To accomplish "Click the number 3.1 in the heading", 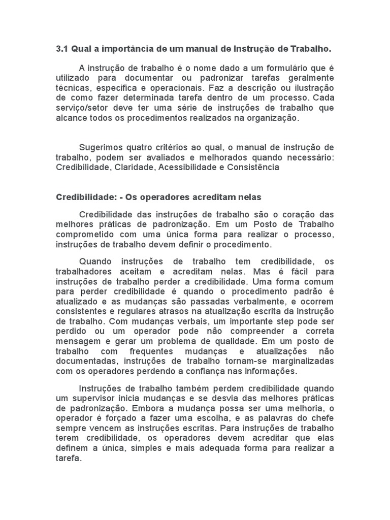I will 61,49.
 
